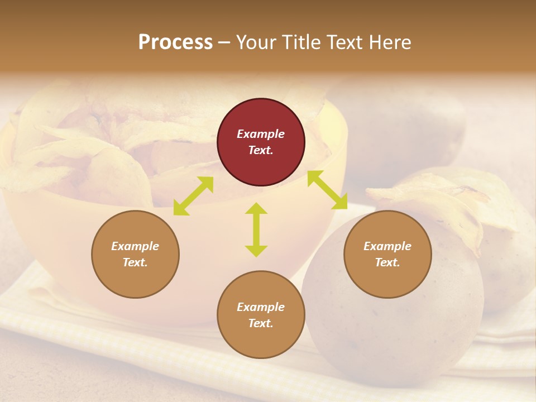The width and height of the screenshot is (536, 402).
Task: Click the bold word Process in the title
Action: tap(175, 42)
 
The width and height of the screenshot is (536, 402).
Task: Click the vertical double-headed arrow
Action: tap(256, 229)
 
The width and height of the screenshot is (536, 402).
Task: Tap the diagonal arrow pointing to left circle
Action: tap(193, 196)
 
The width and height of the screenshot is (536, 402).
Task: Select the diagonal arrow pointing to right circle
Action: tap(327, 190)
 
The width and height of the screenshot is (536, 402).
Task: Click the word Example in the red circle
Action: tap(261, 134)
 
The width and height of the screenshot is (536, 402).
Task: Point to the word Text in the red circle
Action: tap(260, 150)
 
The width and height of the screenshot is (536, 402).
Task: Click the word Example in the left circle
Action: tap(135, 246)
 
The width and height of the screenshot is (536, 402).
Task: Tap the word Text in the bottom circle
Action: tap(260, 323)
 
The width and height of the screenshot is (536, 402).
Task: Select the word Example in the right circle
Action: tap(387, 246)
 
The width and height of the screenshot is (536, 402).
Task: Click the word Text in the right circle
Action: tap(386, 262)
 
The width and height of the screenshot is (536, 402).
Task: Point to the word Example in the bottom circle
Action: tap(261, 307)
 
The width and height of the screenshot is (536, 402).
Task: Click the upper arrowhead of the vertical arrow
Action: tap(256, 208)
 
